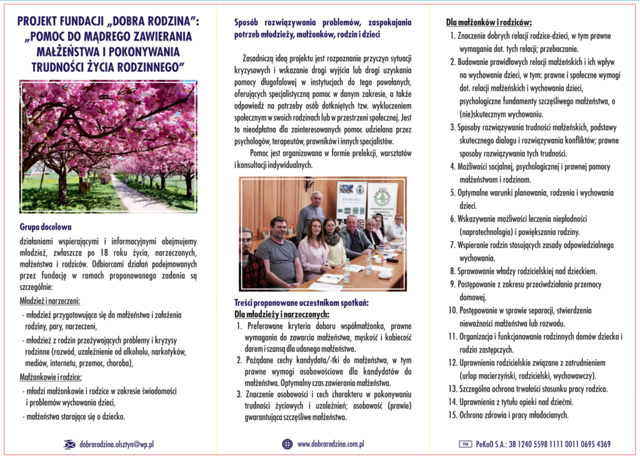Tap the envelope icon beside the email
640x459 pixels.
coord(69,445)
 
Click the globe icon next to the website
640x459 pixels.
coord(287,444)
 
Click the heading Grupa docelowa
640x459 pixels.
coord(46,228)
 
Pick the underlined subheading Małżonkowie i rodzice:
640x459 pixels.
coord(51,377)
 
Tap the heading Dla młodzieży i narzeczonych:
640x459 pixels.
coord(281,314)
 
